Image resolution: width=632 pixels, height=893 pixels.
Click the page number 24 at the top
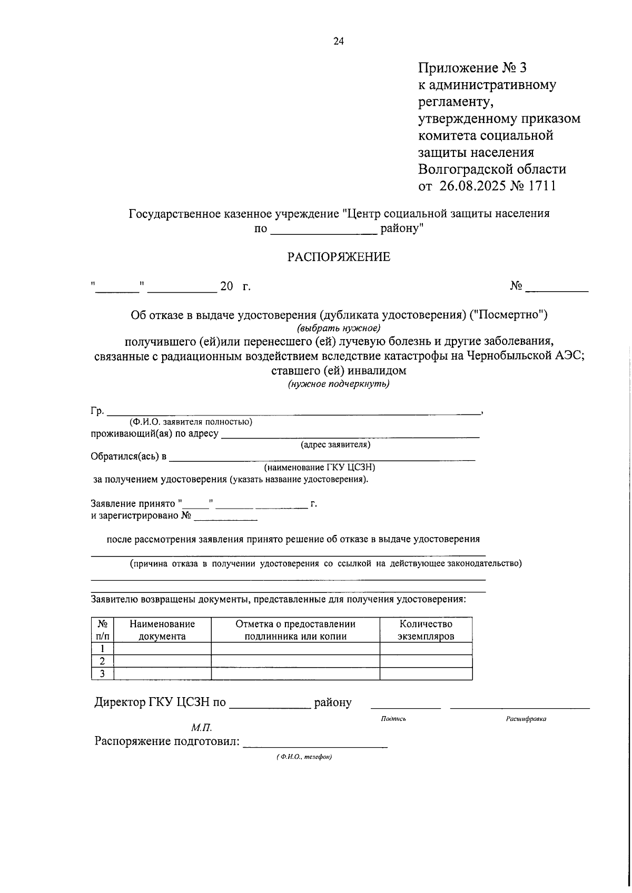coord(338,42)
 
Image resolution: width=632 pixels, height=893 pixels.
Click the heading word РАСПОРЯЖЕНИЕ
coord(338,257)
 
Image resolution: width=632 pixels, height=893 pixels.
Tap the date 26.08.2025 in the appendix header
coord(471,186)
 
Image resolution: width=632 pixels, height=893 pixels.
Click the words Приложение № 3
coord(472,68)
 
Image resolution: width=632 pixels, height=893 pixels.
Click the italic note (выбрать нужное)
coord(338,328)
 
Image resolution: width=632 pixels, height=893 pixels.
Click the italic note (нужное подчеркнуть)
coord(338,384)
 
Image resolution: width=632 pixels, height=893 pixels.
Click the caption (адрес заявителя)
coord(335,445)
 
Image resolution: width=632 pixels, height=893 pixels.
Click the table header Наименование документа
coord(162,630)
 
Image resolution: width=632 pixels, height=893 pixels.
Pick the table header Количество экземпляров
coord(426,630)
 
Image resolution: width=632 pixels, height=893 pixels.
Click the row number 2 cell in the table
coord(102,661)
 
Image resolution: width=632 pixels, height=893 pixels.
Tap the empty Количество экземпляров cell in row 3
coord(426,674)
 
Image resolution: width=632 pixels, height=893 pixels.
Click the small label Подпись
coord(393,719)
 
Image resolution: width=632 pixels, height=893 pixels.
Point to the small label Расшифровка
coord(526,719)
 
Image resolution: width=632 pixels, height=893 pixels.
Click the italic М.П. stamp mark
coord(201,728)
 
